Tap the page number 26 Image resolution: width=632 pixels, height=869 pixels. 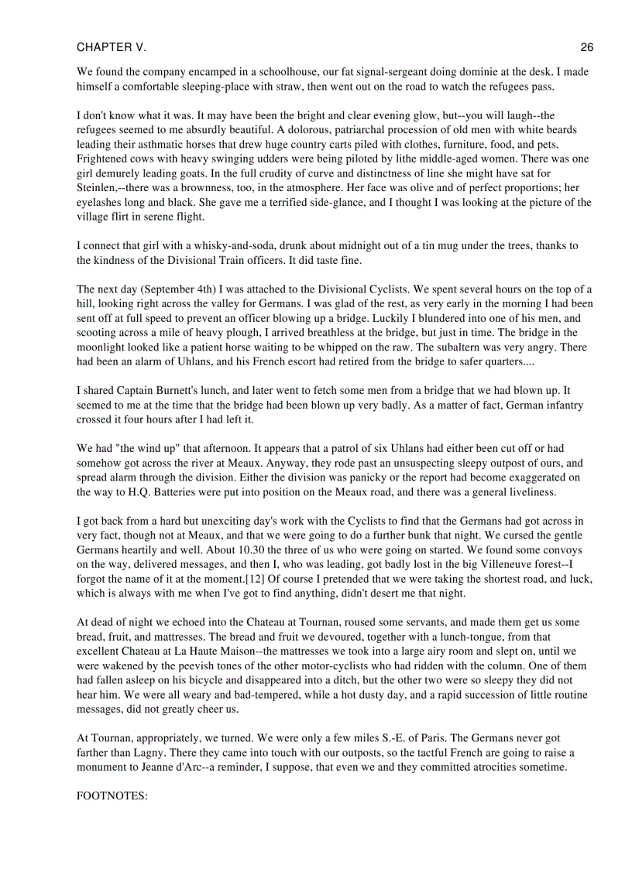586,47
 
